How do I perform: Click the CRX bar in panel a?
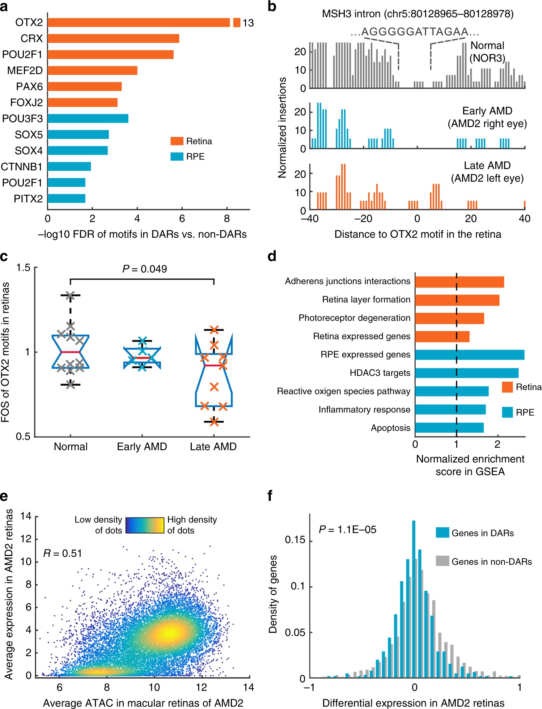[113, 38]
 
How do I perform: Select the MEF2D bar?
[92, 70]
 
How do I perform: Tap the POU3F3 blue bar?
[88, 118]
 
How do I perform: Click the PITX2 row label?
[28, 199]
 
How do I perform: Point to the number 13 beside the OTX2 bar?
[248, 23]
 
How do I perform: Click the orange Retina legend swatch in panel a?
[177, 141]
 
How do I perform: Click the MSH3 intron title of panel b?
[418, 14]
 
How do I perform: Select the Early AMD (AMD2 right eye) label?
[487, 117]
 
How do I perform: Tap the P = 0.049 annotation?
[144, 269]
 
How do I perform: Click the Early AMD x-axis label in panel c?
[142, 446]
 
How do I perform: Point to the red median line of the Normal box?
[71, 352]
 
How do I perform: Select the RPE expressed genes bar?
[470, 354]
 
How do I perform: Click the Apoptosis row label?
[390, 428]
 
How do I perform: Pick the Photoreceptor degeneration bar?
[449, 318]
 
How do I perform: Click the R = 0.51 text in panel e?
[62, 553]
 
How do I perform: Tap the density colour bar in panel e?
[145, 525]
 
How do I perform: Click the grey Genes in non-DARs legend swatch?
[442, 561]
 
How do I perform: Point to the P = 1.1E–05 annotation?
[347, 530]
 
